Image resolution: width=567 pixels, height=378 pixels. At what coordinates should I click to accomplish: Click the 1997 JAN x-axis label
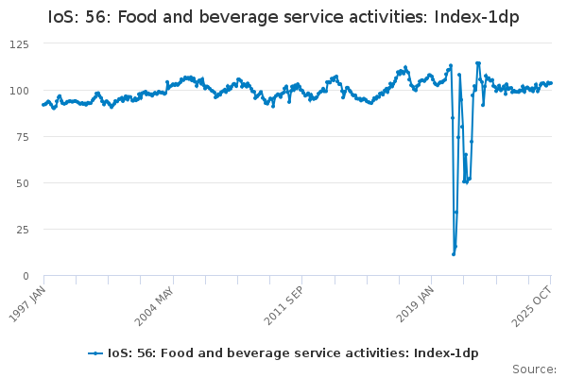point(29,304)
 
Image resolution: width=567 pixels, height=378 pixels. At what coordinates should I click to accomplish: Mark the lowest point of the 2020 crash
point(454,254)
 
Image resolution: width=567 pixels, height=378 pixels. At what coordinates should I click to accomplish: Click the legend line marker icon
point(95,353)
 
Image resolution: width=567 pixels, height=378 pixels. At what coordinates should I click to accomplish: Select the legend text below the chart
point(293,353)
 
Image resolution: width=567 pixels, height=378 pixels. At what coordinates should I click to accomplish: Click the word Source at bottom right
point(533,369)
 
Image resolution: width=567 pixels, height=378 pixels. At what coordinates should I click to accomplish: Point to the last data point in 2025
point(551,83)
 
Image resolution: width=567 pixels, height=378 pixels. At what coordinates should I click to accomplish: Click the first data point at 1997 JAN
point(43,105)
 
